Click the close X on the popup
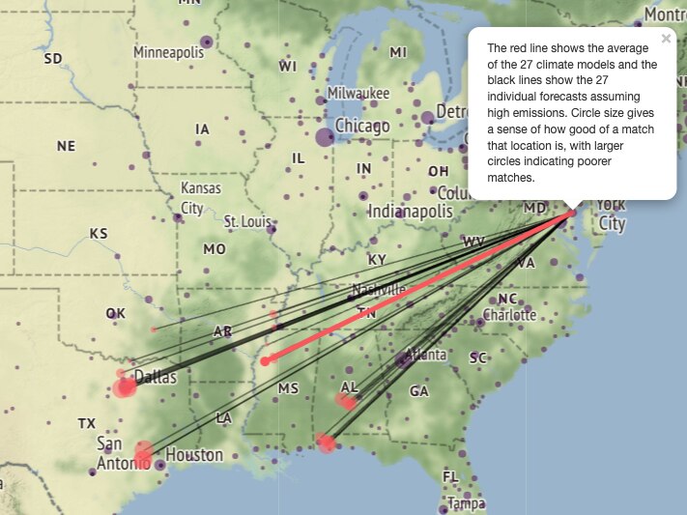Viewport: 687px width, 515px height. click(666, 40)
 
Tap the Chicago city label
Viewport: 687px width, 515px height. click(362, 127)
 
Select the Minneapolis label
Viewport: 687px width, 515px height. click(169, 52)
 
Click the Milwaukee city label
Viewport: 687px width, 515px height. click(358, 94)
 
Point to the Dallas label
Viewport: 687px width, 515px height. click(155, 377)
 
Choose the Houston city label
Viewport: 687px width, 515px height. click(194, 455)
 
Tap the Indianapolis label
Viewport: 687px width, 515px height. click(410, 212)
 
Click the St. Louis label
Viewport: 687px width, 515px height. click(246, 222)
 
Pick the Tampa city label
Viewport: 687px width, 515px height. click(466, 503)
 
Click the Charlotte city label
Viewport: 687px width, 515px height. click(509, 315)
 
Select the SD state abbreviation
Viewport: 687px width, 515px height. click(53, 59)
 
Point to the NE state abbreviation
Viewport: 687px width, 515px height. click(66, 147)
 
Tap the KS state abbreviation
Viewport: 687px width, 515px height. click(99, 234)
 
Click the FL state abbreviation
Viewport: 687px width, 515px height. click(450, 477)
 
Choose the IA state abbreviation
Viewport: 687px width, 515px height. click(202, 129)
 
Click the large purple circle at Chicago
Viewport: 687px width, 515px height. click(325, 137)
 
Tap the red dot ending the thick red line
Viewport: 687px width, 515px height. click(265, 360)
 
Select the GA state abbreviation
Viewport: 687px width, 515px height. click(418, 391)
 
